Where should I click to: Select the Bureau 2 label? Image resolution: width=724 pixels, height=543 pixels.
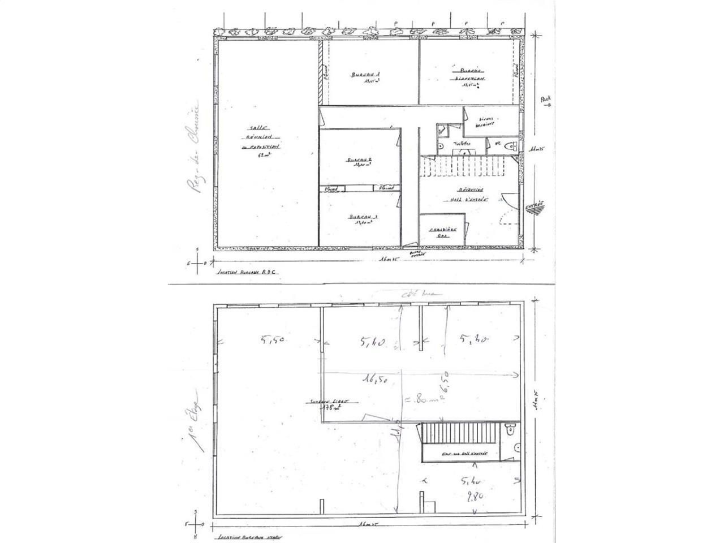(x=360, y=163)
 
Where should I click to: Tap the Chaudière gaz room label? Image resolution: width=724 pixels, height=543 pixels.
(x=442, y=232)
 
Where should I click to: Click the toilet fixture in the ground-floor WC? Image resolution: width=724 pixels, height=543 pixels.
(x=512, y=146)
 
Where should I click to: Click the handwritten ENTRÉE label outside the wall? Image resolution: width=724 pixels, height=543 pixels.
(x=535, y=207)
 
